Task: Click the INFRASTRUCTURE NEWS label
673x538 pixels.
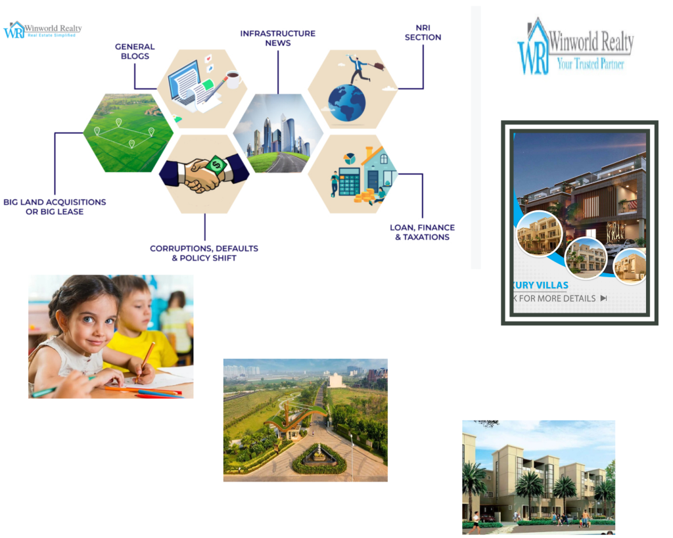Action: click(277, 38)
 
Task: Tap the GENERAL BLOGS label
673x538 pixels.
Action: click(135, 51)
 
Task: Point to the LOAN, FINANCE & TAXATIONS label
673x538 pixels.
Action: click(422, 232)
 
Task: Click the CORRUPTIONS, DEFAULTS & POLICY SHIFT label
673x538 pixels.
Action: click(204, 253)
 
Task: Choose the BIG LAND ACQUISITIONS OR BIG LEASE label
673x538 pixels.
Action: click(55, 206)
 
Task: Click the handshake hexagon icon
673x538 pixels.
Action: click(204, 175)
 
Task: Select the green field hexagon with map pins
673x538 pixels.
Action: click(128, 133)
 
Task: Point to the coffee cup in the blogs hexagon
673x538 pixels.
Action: click(233, 80)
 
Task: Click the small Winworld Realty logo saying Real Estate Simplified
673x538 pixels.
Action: click(42, 30)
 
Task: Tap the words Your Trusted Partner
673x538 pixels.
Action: click(590, 64)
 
